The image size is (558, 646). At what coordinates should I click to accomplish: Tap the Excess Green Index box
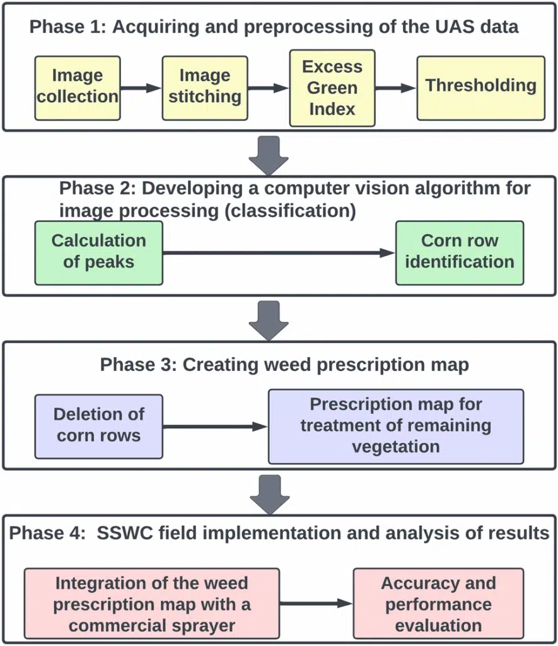pyautogui.click(x=332, y=88)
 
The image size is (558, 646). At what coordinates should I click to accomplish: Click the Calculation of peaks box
pyautogui.click(x=98, y=252)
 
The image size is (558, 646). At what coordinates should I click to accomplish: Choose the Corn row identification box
pyautogui.click(x=459, y=252)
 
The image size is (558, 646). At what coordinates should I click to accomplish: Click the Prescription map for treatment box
pyautogui.click(x=395, y=426)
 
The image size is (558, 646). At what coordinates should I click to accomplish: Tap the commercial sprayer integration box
pyautogui.click(x=152, y=604)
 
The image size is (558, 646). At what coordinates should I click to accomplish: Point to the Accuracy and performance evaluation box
pyautogui.click(x=438, y=604)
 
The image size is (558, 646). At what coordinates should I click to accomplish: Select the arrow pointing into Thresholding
pyautogui.click(x=396, y=88)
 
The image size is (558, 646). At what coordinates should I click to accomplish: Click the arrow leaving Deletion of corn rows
pyautogui.click(x=215, y=426)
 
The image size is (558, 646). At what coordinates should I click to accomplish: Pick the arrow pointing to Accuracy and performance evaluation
pyautogui.click(x=316, y=604)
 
